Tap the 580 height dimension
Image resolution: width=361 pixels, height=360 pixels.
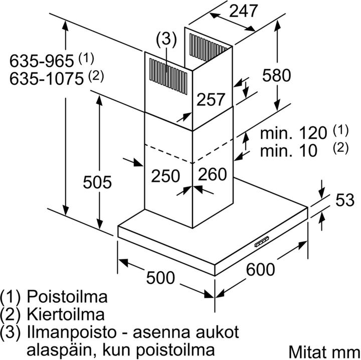pyautogui.click(x=276, y=75)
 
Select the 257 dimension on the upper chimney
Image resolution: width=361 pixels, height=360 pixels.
pyautogui.click(x=211, y=99)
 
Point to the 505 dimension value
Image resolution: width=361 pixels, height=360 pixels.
pyautogui.click(x=97, y=182)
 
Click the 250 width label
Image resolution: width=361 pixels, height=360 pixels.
pyautogui.click(x=165, y=176)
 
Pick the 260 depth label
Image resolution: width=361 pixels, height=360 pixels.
pyautogui.click(x=212, y=174)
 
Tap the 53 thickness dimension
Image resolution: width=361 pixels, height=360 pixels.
pyautogui.click(x=344, y=200)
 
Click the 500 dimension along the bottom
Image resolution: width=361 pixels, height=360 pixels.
pyautogui.click(x=160, y=278)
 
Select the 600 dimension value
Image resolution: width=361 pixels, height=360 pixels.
pyautogui.click(x=260, y=269)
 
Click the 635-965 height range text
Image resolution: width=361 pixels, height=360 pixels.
pyautogui.click(x=42, y=61)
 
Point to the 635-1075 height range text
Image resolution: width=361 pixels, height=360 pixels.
pyautogui.click(x=47, y=79)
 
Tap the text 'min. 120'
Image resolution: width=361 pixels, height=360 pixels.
pyautogui.click(x=293, y=133)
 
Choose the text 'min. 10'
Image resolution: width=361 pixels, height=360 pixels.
pyautogui.click(x=289, y=150)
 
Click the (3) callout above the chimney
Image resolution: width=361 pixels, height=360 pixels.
pyautogui.click(x=166, y=39)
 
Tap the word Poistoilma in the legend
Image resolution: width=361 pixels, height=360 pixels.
pyautogui.click(x=67, y=296)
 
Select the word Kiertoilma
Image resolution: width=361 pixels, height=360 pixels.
pyautogui.click(x=66, y=314)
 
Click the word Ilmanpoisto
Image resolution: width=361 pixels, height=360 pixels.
pyautogui.click(x=71, y=332)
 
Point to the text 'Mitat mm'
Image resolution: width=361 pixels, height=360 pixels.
pyautogui.click(x=324, y=351)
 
